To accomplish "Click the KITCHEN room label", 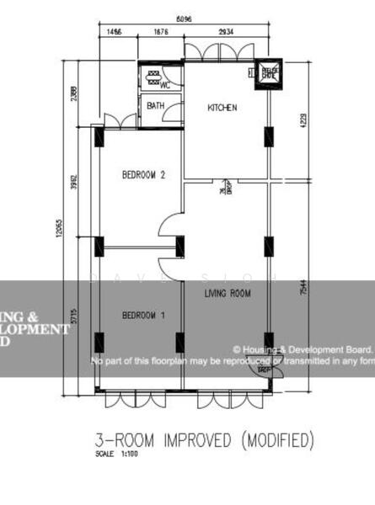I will [222, 108].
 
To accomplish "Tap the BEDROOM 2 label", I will [143, 175].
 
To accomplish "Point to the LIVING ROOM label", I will [228, 293].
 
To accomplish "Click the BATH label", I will [156, 106].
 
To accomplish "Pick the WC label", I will [166, 85].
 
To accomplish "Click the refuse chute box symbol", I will [271, 72].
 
